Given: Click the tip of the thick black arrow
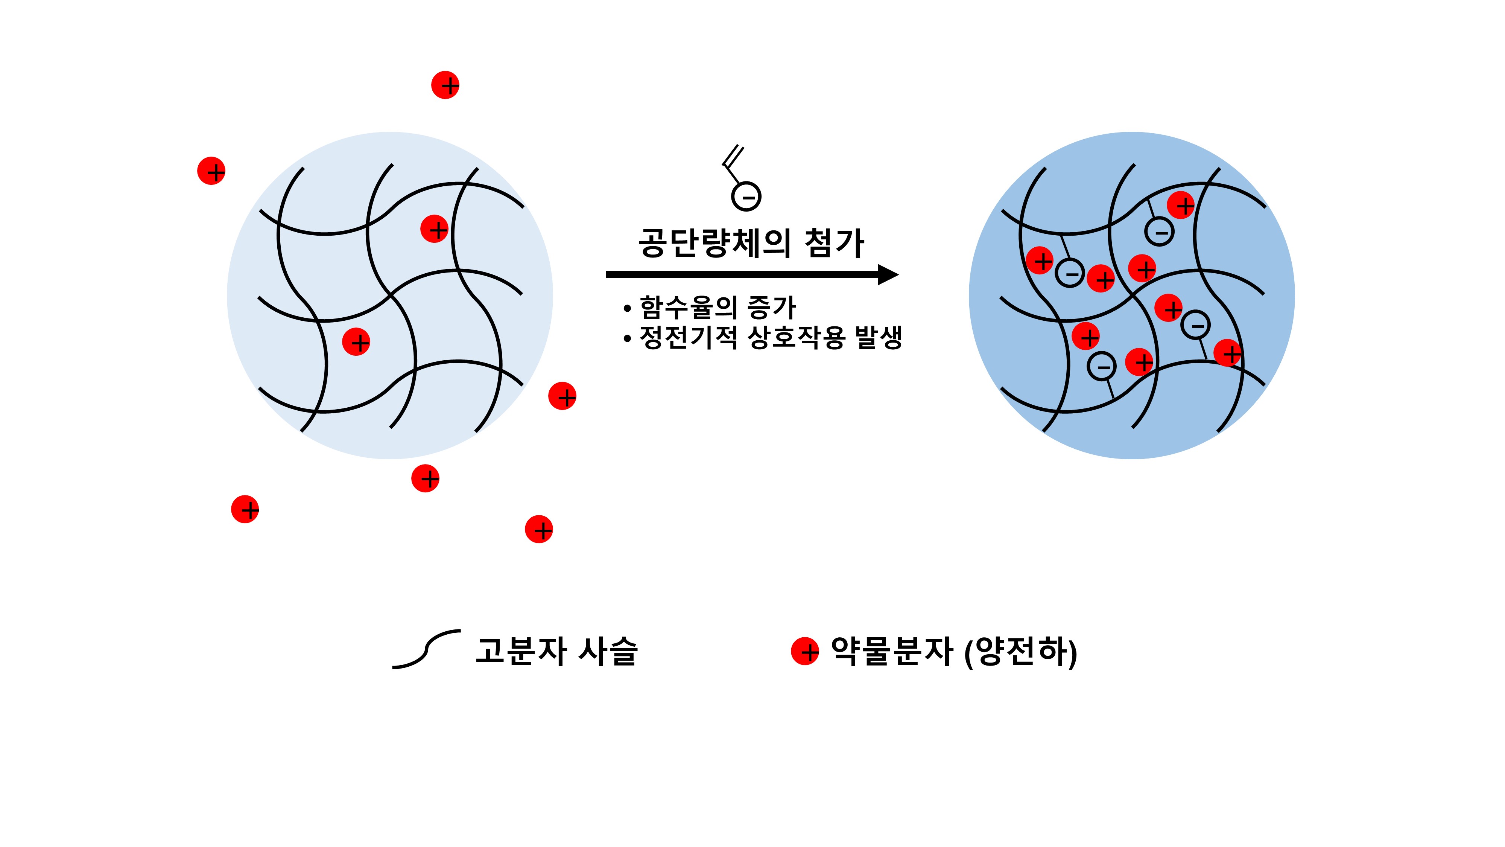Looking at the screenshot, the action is (898, 274).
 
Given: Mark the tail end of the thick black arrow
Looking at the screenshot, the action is (607, 274).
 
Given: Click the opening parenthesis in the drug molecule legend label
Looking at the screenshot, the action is (969, 652).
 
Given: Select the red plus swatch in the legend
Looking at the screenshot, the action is (805, 651).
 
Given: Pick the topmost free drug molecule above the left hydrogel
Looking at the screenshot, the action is (445, 85).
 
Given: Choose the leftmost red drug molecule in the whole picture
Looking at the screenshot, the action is (211, 171).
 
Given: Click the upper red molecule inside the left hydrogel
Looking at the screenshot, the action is (435, 229).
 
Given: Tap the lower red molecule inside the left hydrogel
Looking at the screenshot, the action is (356, 341).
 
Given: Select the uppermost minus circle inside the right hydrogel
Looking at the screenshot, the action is (1159, 232).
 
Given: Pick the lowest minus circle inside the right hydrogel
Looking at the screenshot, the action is (1101, 367).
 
